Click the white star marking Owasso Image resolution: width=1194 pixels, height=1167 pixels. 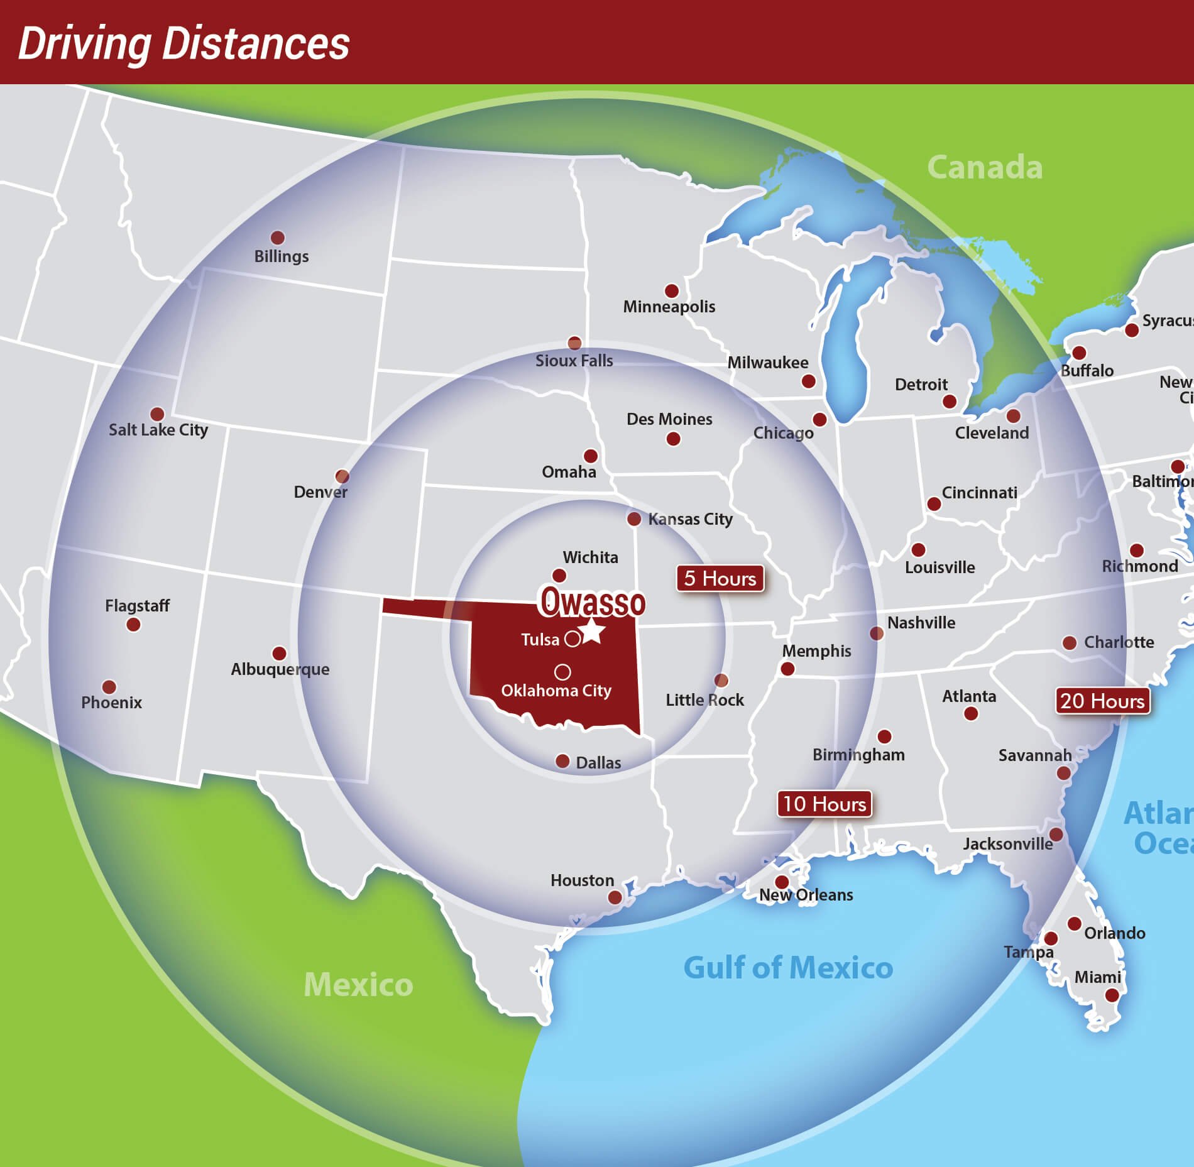[592, 631]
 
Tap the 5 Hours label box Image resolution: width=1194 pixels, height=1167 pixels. [720, 578]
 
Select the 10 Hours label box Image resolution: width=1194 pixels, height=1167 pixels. [824, 804]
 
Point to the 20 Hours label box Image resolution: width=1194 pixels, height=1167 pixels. [1102, 701]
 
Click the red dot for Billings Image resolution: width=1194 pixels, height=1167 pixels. [277, 238]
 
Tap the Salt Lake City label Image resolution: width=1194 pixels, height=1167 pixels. [158, 430]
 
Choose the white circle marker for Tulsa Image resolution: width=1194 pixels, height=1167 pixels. [572, 639]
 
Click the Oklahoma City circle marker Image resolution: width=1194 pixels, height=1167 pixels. [562, 672]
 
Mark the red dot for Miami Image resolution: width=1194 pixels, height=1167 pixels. [1112, 995]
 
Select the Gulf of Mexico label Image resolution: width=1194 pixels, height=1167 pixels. [788, 968]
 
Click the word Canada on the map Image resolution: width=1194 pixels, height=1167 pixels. [985, 167]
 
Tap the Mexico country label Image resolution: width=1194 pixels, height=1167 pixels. [358, 984]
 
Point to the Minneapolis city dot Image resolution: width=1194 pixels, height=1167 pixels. [671, 291]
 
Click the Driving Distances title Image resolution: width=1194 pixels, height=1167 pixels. [183, 43]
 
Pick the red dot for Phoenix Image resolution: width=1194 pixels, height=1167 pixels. [109, 687]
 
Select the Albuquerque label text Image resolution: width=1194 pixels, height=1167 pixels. [280, 669]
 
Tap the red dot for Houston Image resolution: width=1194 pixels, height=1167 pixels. [615, 897]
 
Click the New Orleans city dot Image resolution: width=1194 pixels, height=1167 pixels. [782, 882]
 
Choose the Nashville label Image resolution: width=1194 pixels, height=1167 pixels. [921, 623]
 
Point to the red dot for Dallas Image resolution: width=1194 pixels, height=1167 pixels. [562, 761]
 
